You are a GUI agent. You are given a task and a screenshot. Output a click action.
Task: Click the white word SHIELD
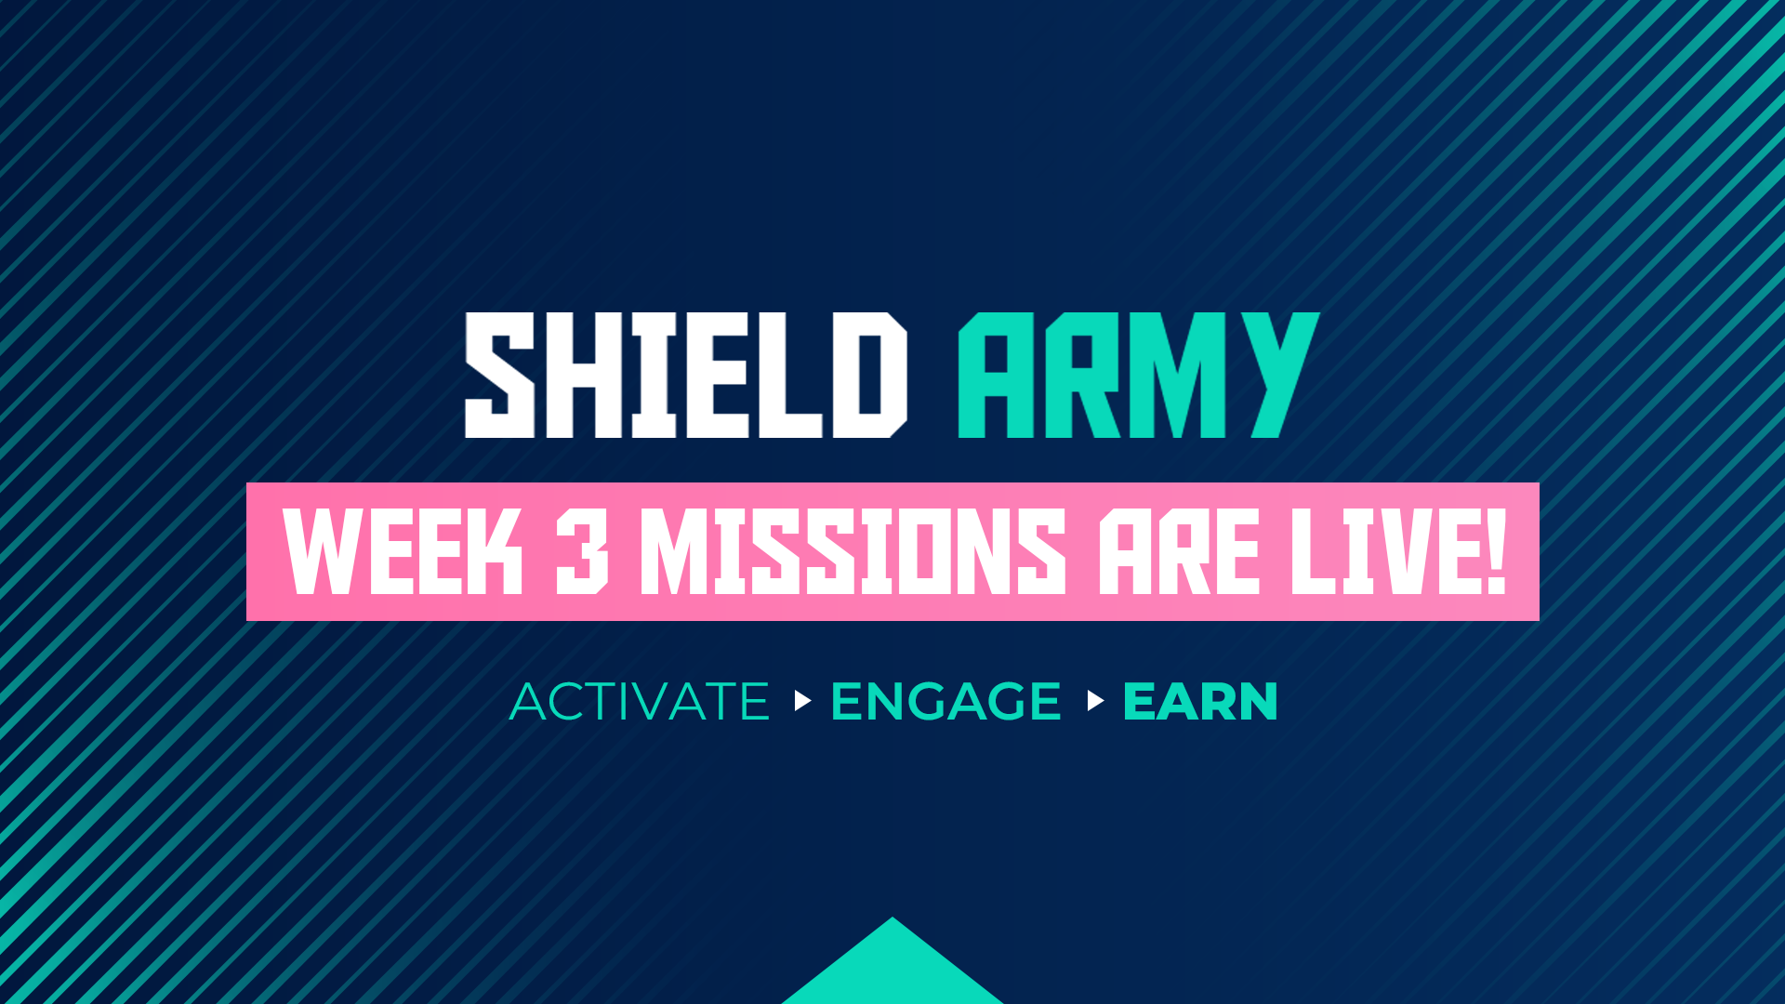coord(685,375)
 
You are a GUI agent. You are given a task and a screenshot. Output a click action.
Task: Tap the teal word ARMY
coord(1138,375)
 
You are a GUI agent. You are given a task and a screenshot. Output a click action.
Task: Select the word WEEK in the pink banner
coord(403,552)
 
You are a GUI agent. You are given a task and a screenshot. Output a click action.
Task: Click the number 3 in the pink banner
coord(582,552)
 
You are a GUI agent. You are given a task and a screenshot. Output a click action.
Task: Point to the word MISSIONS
coord(853,552)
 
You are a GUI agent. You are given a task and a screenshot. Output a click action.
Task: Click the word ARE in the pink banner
coord(1179,552)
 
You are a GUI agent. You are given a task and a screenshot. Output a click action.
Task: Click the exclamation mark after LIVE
coord(1495,552)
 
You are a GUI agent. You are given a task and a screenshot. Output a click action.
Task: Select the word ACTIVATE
coord(640,701)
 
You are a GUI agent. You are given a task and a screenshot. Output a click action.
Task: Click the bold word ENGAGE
coord(945,701)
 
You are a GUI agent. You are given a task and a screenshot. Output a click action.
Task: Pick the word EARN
coord(1200,701)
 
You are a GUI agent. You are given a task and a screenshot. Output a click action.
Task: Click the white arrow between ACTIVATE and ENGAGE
coord(803,700)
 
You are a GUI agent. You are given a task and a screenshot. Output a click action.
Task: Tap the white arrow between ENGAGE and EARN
coord(1095,700)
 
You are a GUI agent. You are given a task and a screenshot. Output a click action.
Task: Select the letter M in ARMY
coord(1176,375)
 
